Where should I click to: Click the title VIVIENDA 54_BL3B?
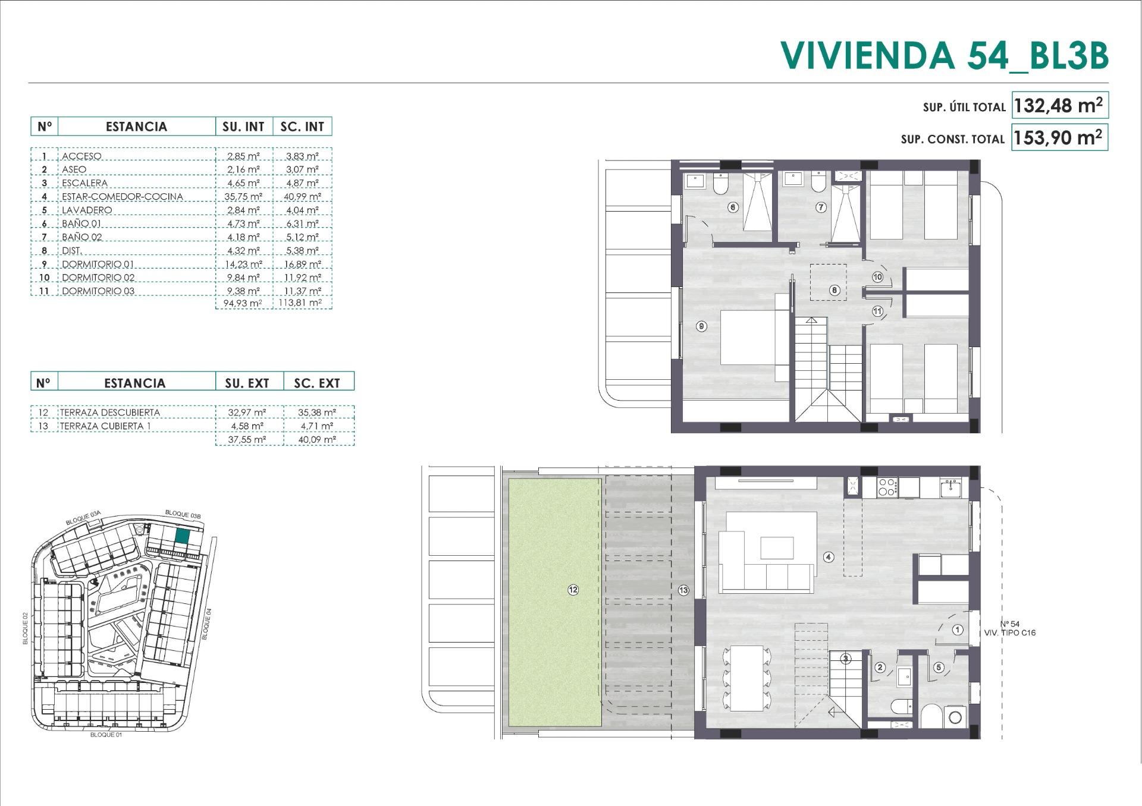pos(945,55)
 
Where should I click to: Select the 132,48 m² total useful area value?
pos(1058,106)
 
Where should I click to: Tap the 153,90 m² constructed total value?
pos(1058,138)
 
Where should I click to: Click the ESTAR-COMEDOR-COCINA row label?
pos(122,197)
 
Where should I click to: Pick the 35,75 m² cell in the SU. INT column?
pos(244,197)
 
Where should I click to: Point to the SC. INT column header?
pos(302,127)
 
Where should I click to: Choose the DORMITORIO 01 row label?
pos(98,265)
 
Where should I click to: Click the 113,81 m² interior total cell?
pos(303,303)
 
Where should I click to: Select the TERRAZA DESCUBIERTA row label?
pos(109,413)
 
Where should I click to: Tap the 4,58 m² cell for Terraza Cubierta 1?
pos(247,426)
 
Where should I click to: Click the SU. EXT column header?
pos(247,383)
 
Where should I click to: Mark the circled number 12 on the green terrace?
pos(573,590)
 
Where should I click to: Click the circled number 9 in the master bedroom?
pos(702,326)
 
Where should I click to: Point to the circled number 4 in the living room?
pos(829,557)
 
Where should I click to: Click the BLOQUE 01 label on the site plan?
pos(106,735)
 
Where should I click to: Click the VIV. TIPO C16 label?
pos(1009,633)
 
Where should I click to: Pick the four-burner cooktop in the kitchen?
pos(887,487)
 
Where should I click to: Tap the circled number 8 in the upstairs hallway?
pos(834,291)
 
